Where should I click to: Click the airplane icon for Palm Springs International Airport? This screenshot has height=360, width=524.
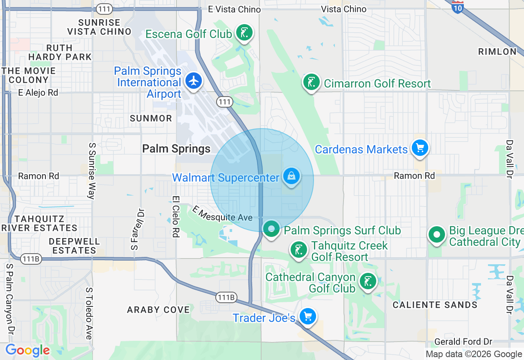pos(194,81)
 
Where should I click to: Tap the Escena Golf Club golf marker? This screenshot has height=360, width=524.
pos(244,33)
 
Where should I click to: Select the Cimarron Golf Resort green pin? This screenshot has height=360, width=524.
pos(311,82)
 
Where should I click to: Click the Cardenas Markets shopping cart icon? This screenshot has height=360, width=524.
pos(420,148)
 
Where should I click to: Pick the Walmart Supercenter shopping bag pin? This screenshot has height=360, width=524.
pos(291,176)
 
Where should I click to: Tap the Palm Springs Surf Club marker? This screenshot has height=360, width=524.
pos(271,229)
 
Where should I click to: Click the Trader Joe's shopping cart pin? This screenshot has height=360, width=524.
pos(307,317)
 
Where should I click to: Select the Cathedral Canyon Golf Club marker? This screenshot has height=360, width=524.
pos(368,281)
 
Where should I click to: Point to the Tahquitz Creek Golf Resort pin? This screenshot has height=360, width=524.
pos(298,249)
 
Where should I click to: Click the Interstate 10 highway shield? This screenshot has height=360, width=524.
pos(458,7)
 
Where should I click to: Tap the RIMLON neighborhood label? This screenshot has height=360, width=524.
pos(497,52)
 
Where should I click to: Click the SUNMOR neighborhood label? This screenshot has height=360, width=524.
pos(151,118)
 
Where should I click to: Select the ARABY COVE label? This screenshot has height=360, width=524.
pos(158,310)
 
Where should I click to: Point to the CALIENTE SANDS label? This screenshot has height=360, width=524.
pos(435,305)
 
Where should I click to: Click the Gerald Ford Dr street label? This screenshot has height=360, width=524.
pos(463,342)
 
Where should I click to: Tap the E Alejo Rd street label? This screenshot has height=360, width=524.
pos(38,93)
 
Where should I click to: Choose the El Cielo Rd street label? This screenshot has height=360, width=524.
pos(176,216)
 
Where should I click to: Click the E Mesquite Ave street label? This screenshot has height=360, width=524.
pos(222,214)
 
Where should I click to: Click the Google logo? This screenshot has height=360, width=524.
pos(27,351)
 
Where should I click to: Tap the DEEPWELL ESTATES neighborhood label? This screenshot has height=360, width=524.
pos(74,246)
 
